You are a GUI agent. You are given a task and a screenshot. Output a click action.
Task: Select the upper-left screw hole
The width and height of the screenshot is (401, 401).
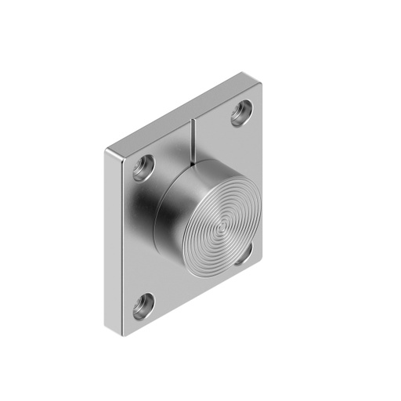143,168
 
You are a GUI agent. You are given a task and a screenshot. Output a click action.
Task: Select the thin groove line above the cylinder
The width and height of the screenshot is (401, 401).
191,141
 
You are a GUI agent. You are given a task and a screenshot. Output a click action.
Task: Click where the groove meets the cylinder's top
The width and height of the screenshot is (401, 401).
191,166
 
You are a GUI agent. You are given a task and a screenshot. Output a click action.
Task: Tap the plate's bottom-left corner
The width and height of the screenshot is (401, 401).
123,334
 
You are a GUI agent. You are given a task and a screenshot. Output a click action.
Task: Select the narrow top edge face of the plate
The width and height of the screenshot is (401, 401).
180,111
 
